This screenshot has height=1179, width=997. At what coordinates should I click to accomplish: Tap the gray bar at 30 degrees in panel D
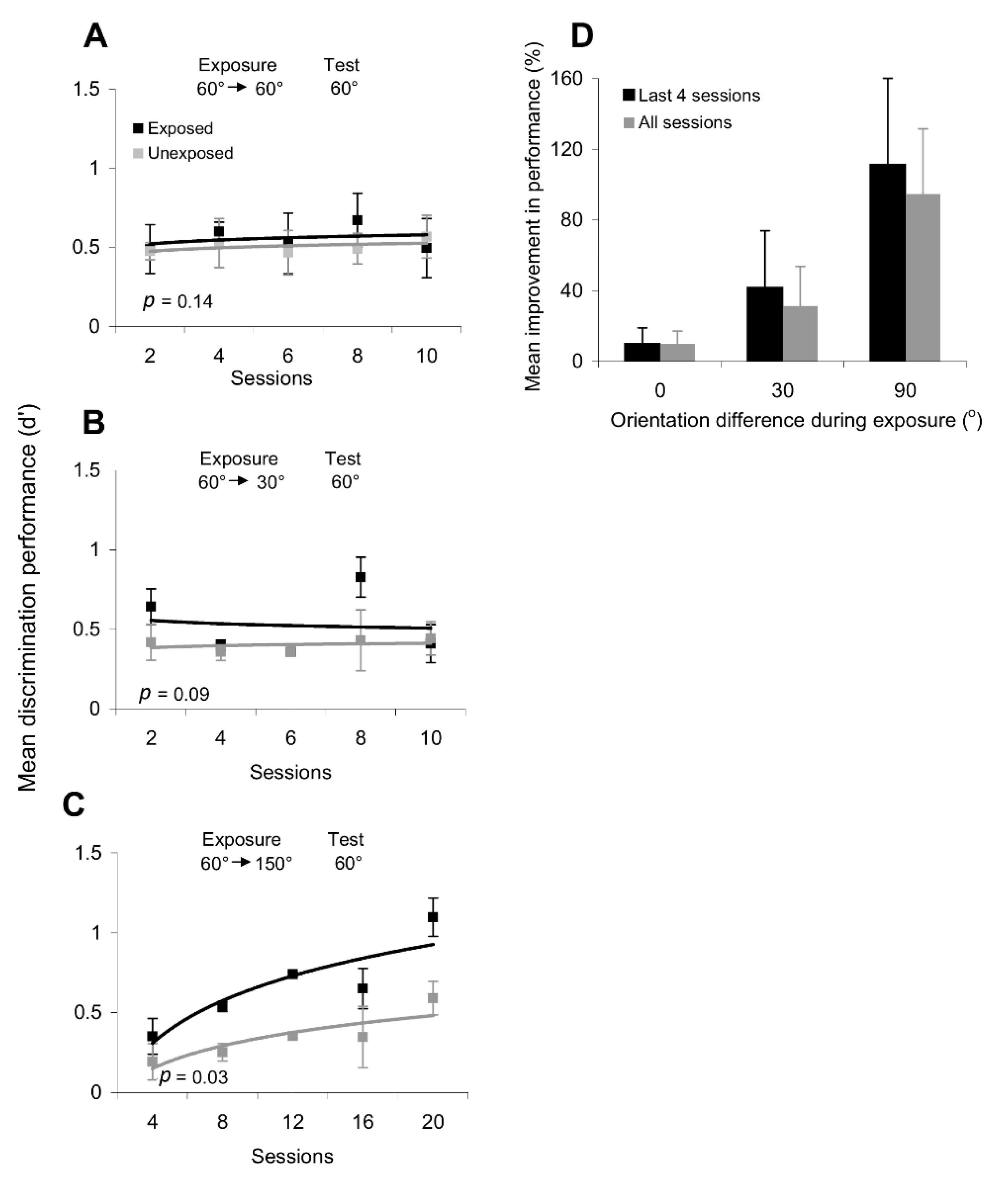tap(800, 334)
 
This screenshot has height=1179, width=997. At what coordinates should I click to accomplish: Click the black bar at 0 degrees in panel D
tap(641, 352)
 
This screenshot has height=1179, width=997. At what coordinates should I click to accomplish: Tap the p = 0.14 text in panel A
tap(178, 301)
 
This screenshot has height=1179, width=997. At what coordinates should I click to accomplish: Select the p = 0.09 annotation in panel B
tap(174, 693)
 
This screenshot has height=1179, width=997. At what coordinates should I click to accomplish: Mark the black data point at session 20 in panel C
tap(433, 917)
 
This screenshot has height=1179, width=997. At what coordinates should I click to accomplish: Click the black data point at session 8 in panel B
tap(360, 577)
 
